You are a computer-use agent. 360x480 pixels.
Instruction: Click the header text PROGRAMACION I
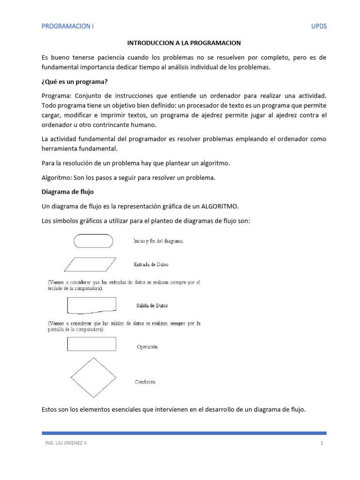pyautogui.click(x=67, y=26)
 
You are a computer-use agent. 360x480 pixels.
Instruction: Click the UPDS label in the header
pyautogui.click(x=319, y=26)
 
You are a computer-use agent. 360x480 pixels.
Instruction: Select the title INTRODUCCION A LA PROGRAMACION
pyautogui.click(x=184, y=43)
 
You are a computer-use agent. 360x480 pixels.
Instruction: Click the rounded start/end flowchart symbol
pyautogui.click(x=93, y=240)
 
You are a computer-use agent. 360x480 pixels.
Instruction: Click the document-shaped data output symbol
pyautogui.click(x=92, y=306)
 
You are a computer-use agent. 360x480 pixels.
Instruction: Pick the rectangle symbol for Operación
pyautogui.click(x=92, y=344)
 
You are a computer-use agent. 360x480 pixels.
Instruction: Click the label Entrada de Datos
pyautogui.click(x=151, y=264)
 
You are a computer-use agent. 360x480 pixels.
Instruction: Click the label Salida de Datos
pyautogui.click(x=152, y=306)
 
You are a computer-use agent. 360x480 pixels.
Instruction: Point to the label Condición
pyautogui.click(x=145, y=382)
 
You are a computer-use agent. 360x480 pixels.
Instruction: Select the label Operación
pyautogui.click(x=148, y=347)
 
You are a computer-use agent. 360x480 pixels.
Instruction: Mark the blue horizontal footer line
pyautogui.click(x=184, y=433)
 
